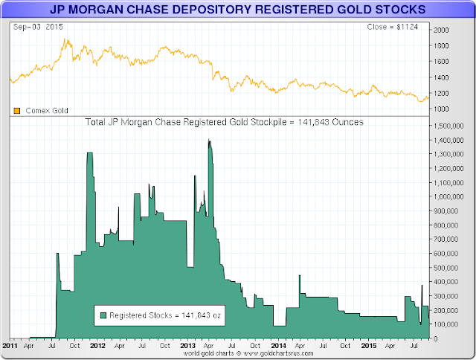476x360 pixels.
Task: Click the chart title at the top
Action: coord(238,10)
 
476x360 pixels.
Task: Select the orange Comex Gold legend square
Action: coord(16,111)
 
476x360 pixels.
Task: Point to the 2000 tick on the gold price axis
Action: coord(441,30)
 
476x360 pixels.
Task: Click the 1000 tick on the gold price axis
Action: coord(441,109)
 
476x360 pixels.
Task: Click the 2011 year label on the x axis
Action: coord(11,346)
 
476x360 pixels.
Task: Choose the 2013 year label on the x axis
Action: coord(189,346)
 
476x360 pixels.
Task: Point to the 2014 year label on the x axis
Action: coord(278,346)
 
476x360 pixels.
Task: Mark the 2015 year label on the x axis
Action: coord(367,346)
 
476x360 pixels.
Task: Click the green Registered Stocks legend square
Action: coord(103,315)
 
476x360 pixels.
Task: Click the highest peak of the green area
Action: coord(209,141)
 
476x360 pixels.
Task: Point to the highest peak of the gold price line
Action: coord(67,39)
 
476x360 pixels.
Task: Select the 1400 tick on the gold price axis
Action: coord(441,77)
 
